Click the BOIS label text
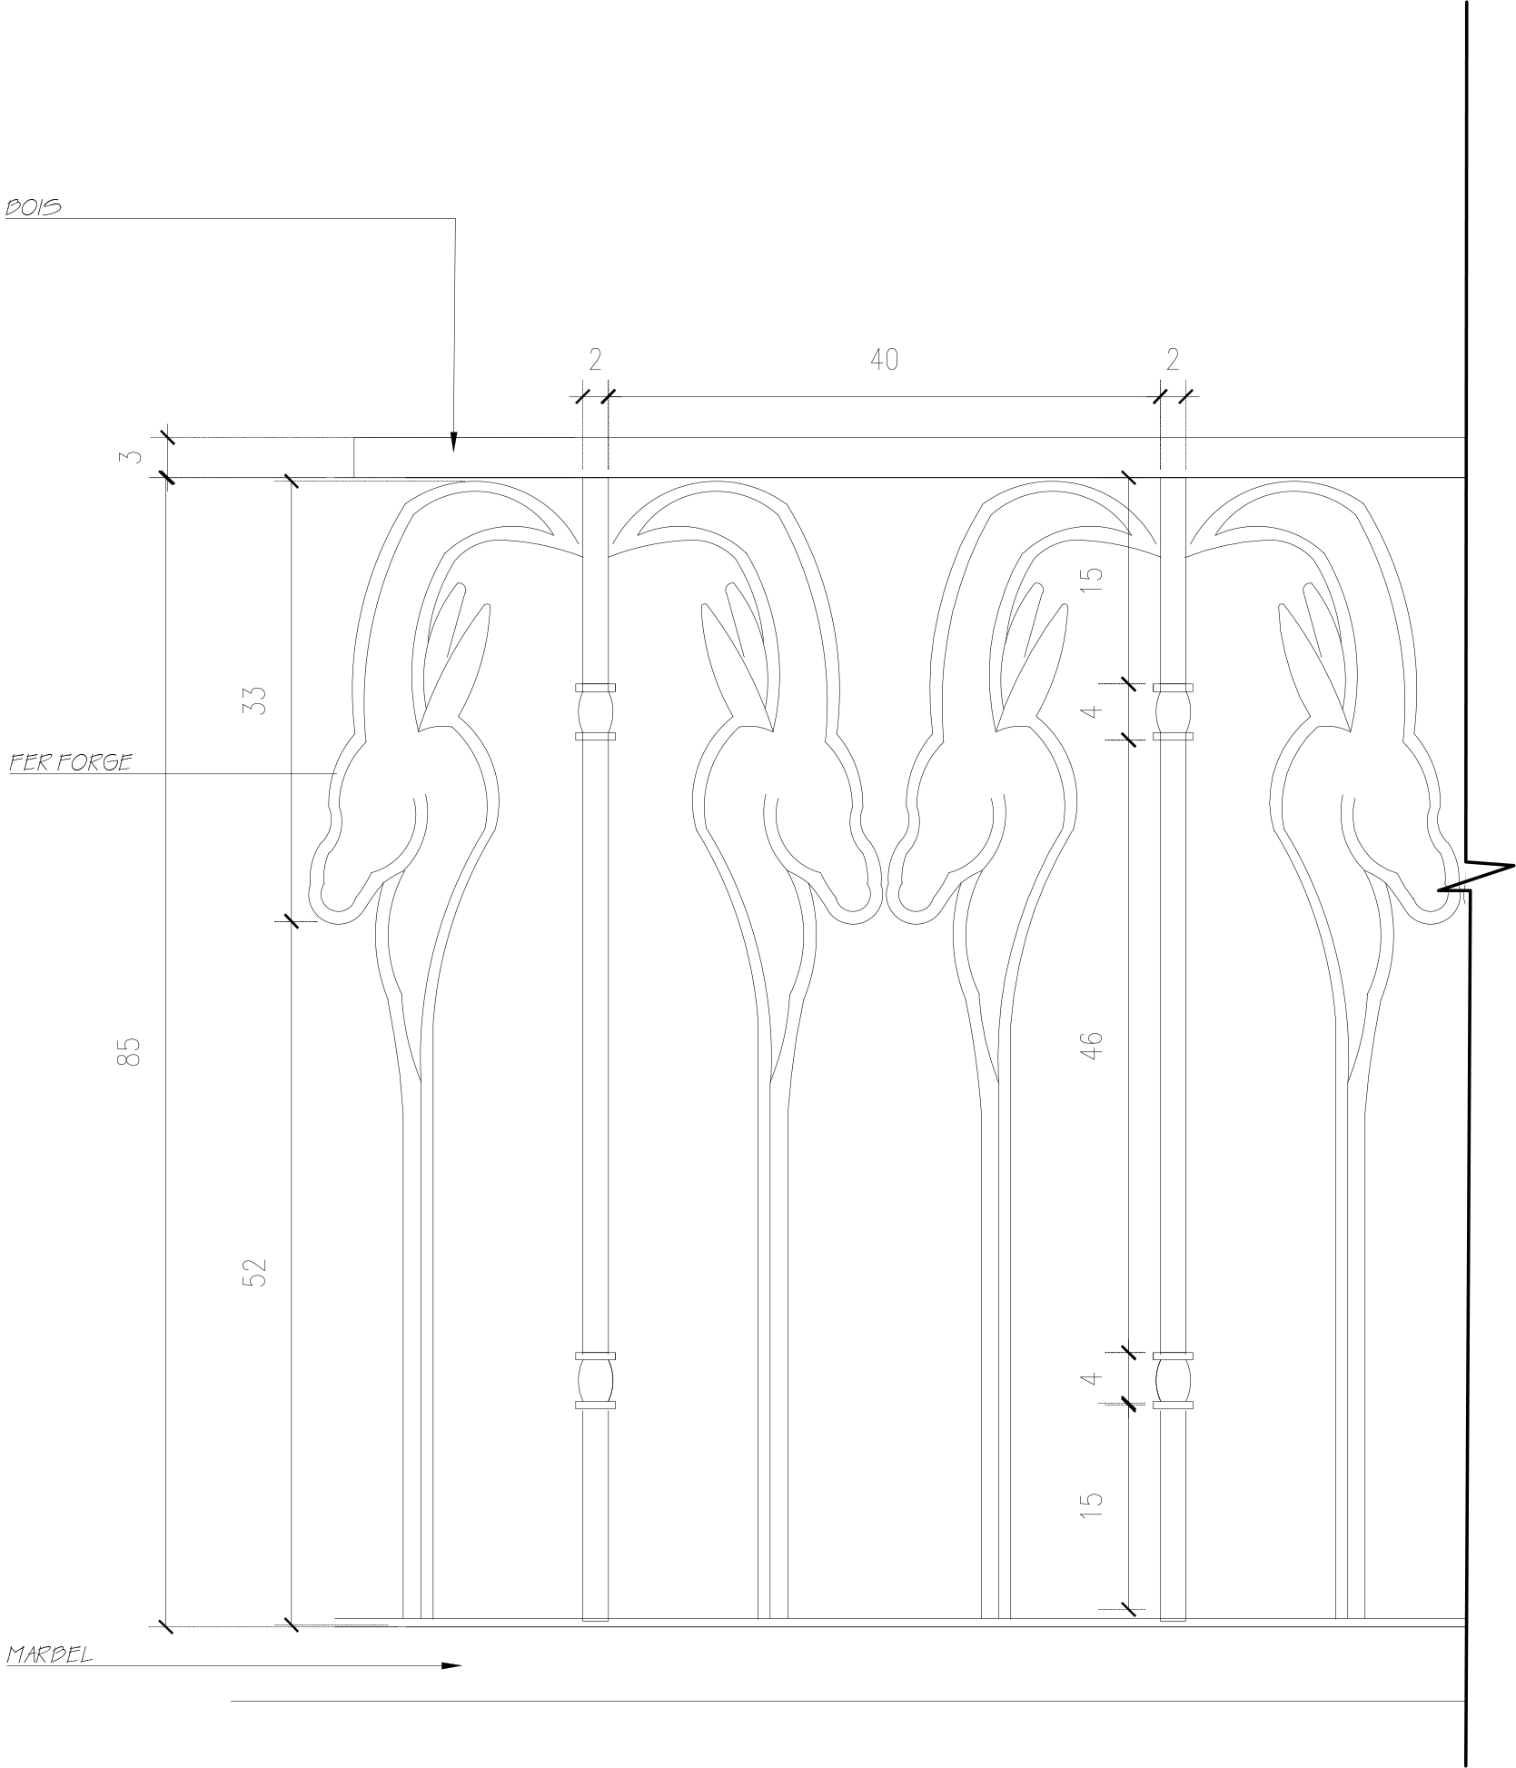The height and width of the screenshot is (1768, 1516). pos(35,207)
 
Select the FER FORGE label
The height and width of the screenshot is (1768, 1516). pos(70,762)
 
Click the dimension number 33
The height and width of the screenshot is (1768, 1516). pos(257,699)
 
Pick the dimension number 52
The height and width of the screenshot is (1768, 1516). pos(257,1272)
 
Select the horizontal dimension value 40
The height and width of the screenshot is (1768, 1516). pos(884,360)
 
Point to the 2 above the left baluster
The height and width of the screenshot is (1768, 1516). pos(595,360)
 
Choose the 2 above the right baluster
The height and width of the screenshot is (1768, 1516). pos(1172,360)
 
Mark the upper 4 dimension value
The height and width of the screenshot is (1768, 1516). pos(1094,710)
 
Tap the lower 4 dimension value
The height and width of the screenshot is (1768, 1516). pos(1094,1378)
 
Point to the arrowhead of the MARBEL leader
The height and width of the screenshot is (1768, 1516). pos(451,1665)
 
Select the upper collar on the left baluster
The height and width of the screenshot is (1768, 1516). pos(595,712)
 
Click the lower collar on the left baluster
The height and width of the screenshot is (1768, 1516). pos(595,1381)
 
